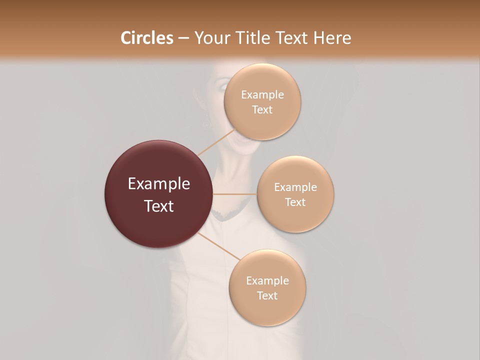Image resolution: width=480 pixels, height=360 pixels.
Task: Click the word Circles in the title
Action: pyautogui.click(x=146, y=38)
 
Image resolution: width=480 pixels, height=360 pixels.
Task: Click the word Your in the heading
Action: pyautogui.click(x=210, y=38)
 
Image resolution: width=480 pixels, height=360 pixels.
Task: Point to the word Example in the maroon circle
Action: pyautogui.click(x=159, y=184)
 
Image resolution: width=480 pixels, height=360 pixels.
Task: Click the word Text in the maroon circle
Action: pyautogui.click(x=159, y=206)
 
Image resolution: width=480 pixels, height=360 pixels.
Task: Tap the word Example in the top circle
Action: pyautogui.click(x=262, y=95)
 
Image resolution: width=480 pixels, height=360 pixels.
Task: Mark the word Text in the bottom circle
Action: pyautogui.click(x=267, y=295)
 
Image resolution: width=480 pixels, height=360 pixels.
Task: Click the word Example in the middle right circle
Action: pyautogui.click(x=295, y=187)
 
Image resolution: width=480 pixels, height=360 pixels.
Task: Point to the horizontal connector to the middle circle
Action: pyautogui.click(x=235, y=194)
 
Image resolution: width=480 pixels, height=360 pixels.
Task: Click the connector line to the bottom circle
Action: pyautogui.click(x=219, y=246)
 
